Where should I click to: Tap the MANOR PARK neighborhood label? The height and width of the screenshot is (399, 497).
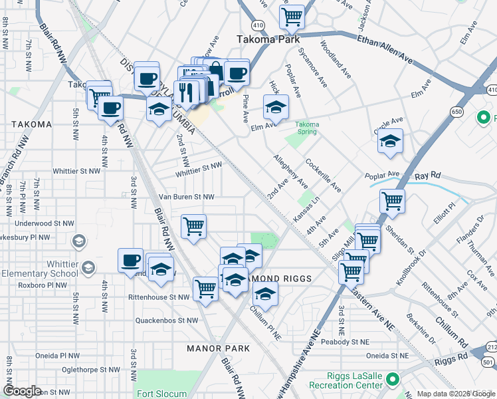(x=219, y=348)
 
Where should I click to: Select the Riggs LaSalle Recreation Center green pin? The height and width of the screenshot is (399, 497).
(x=392, y=380)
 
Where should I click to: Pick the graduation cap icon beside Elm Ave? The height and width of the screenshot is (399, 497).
(x=276, y=106)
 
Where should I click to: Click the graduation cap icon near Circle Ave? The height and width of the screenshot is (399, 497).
(x=391, y=140)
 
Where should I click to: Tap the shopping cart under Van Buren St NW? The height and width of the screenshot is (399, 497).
(x=193, y=225)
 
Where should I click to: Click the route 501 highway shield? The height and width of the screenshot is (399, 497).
(x=487, y=362)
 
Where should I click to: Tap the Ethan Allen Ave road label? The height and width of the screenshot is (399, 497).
(x=385, y=50)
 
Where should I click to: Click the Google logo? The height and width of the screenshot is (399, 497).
(x=23, y=391)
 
